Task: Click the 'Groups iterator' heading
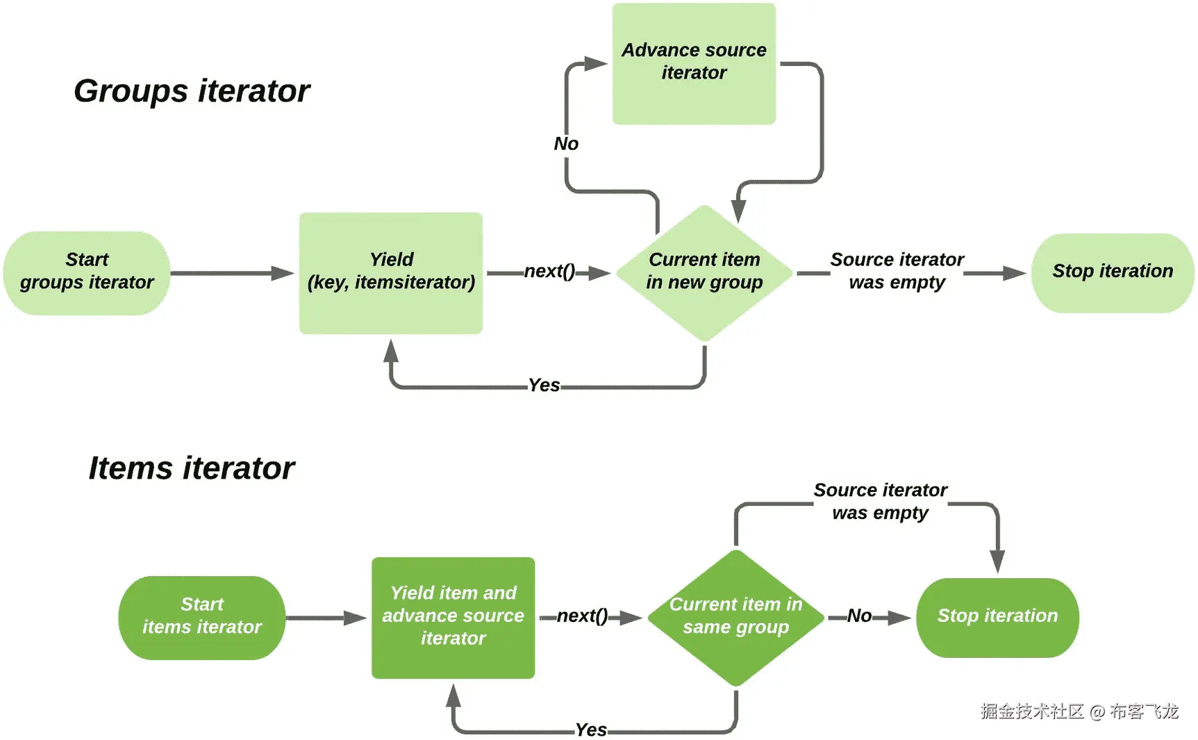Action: point(192,91)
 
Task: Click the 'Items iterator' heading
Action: point(192,468)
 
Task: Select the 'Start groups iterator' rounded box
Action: point(87,272)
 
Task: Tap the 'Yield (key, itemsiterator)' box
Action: point(391,272)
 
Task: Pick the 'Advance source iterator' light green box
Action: point(694,63)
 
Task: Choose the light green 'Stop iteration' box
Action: point(1113,272)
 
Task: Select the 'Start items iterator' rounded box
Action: point(202,617)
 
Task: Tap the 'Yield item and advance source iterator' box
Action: point(453,617)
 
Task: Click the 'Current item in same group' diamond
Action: point(735,617)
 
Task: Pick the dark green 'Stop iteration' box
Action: point(997,617)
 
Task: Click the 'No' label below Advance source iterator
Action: point(566,144)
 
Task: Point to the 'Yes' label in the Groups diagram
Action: point(544,386)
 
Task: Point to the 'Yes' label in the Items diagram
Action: point(591,730)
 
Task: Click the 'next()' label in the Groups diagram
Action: point(549,272)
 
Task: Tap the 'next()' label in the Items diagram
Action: point(582,616)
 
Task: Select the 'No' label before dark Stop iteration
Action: point(859,616)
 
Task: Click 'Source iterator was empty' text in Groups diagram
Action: point(897,271)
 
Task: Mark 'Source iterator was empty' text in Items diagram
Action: point(880,502)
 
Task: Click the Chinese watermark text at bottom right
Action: point(1079,712)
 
